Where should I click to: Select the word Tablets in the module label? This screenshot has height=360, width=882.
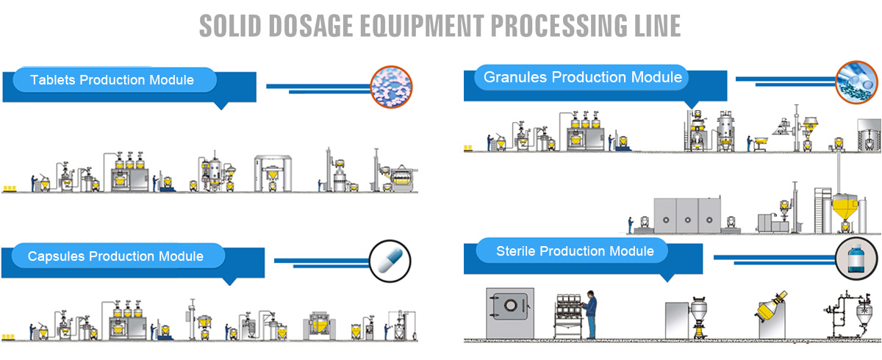coord(53,80)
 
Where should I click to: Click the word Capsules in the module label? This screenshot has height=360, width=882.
coord(57,256)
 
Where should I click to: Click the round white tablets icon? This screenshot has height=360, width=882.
coord(392,87)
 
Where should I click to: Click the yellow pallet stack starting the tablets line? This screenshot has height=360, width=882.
coord(9,188)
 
